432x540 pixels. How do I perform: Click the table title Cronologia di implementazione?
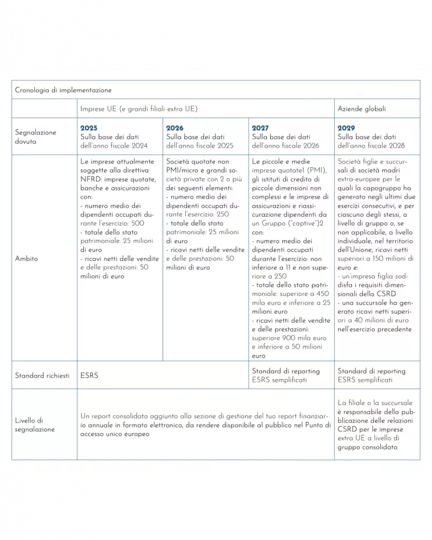[63, 90]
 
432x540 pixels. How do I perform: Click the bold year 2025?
[89, 128]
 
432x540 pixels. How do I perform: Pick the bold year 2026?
[175, 128]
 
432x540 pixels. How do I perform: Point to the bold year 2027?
[261, 128]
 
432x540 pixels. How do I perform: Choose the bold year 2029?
[347, 128]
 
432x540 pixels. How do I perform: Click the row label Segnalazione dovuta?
[36, 137]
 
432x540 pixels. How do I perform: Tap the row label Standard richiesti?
[42, 376]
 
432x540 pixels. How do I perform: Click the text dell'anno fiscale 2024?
[114, 146]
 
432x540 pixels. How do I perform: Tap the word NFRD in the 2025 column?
[90, 179]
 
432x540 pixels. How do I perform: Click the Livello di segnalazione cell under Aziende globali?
[377, 425]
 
